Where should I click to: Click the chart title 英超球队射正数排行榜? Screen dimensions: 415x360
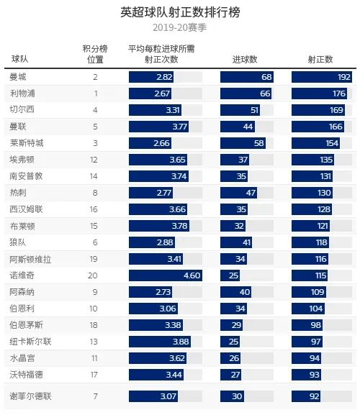(x=180, y=12)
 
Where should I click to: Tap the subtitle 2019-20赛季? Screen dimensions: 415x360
(x=180, y=27)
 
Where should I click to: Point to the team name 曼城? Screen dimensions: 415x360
(x=19, y=76)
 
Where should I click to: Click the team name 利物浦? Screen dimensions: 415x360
(x=23, y=93)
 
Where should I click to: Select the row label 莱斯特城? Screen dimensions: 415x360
(x=27, y=142)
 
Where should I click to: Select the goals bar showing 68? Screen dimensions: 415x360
(x=247, y=76)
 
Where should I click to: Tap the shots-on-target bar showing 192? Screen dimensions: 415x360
(x=322, y=76)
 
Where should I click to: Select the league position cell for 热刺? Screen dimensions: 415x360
(x=95, y=192)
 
